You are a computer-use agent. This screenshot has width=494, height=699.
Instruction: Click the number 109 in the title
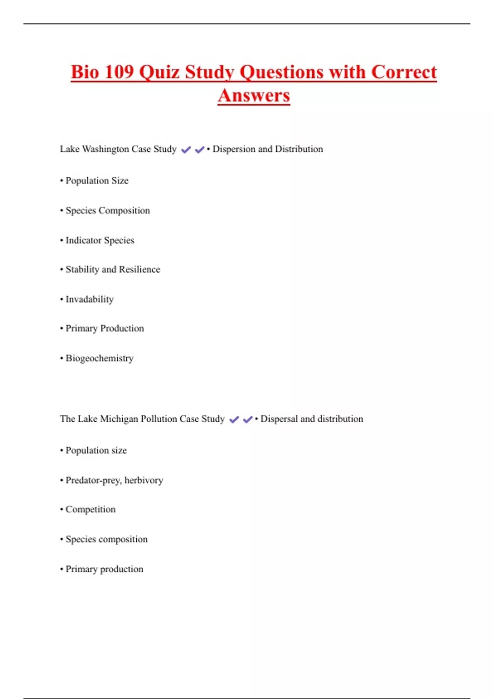pyautogui.click(x=119, y=72)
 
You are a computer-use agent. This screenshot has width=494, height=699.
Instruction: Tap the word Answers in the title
pyautogui.click(x=254, y=95)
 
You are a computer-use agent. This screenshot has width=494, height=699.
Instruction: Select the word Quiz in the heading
pyautogui.click(x=159, y=72)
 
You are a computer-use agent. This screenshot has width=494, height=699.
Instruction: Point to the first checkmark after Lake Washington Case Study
pyautogui.click(x=186, y=150)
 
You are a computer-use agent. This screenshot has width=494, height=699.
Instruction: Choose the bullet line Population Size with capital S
pyautogui.click(x=97, y=181)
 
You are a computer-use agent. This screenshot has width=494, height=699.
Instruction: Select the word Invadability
pyautogui.click(x=89, y=299)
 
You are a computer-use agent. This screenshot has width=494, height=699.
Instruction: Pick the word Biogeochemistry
pyautogui.click(x=100, y=358)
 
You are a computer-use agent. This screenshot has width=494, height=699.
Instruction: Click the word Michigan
pyautogui.click(x=119, y=419)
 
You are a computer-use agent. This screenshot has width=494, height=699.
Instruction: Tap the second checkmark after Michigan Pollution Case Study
pyautogui.click(x=247, y=419)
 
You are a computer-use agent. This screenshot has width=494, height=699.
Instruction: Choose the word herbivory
pyautogui.click(x=144, y=480)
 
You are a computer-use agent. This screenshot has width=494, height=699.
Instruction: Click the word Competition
pyautogui.click(x=91, y=509)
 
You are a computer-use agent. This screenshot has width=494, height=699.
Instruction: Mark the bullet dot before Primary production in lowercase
pyautogui.click(x=61, y=569)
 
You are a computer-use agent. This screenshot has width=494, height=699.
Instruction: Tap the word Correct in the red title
pyautogui.click(x=404, y=72)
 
